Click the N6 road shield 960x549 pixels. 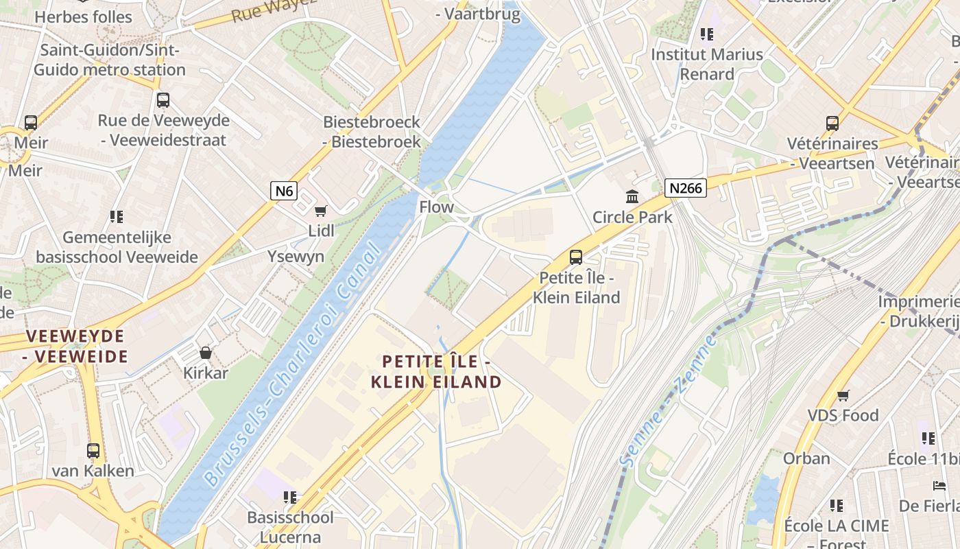point(283,190)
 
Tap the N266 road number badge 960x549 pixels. point(685,187)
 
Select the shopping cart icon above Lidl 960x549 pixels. point(320,211)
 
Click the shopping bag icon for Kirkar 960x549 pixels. point(205,353)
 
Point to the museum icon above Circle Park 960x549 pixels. point(632,197)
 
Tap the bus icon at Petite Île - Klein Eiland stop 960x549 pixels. point(576,257)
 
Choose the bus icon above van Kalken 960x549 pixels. point(93,451)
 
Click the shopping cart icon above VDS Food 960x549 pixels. point(843,395)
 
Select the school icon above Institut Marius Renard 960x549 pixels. point(707,34)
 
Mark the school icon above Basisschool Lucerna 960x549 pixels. point(290,497)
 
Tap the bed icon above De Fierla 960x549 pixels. point(939,486)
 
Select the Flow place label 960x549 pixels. point(436,207)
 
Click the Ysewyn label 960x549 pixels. point(296,257)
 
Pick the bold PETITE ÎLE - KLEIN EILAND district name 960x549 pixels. point(436,371)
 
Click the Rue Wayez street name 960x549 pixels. point(274,9)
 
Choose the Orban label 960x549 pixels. point(806,458)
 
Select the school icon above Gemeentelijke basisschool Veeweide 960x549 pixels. point(117,217)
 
